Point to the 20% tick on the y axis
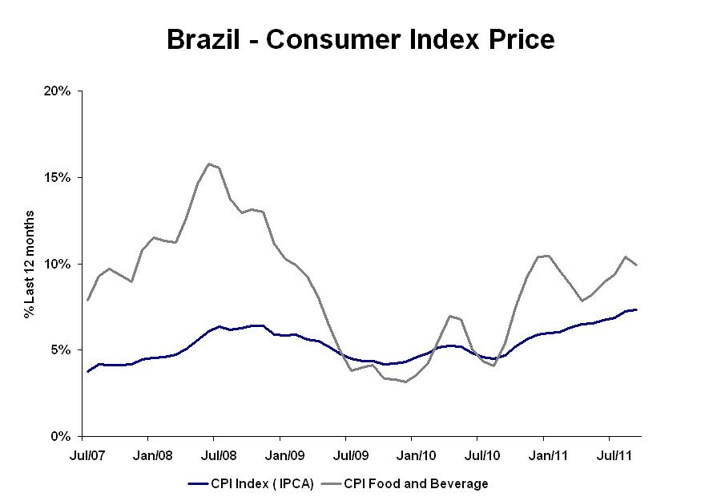point(59,91)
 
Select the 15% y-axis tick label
point(59,177)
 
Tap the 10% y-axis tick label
point(59,264)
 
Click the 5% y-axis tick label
point(62,350)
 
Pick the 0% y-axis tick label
point(62,437)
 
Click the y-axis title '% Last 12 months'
point(30,264)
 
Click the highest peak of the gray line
point(209,164)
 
